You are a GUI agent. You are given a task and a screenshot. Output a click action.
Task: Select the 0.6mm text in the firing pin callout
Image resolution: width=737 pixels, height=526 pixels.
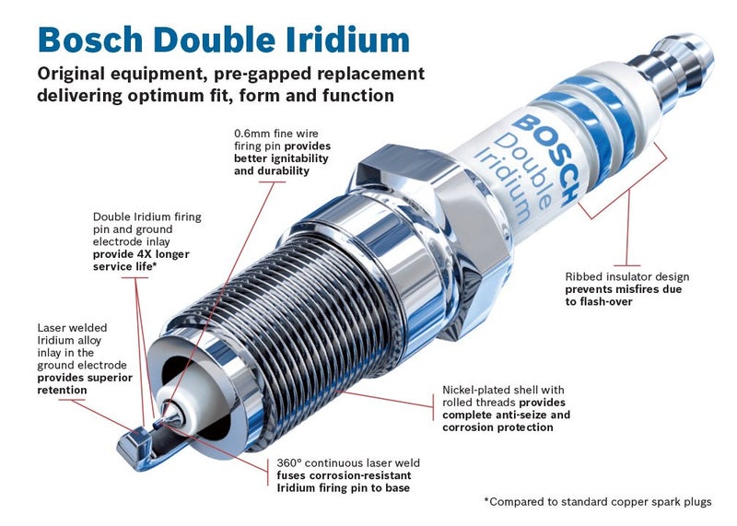[x=252, y=134]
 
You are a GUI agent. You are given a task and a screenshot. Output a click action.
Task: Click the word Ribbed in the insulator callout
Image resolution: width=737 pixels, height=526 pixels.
[x=584, y=276]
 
